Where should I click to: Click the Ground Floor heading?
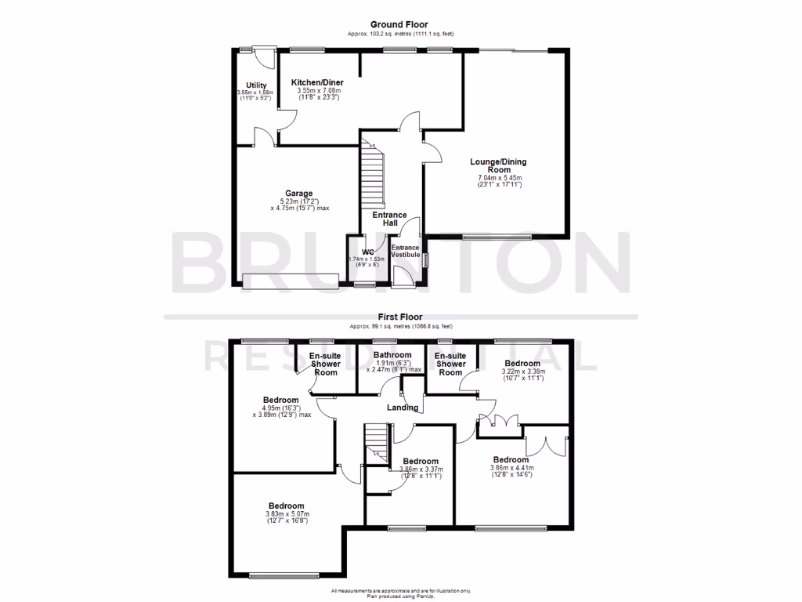pyautogui.click(x=400, y=25)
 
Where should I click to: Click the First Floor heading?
pyautogui.click(x=400, y=317)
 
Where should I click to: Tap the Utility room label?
pyautogui.click(x=256, y=85)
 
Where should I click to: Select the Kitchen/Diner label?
pyautogui.click(x=317, y=82)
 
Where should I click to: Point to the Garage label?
pyautogui.click(x=299, y=194)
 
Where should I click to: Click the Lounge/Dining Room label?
pyautogui.click(x=499, y=166)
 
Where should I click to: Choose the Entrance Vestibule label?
pyautogui.click(x=406, y=252)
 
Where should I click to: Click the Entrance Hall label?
pyautogui.click(x=389, y=219)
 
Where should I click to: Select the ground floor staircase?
pyautogui.click(x=373, y=176)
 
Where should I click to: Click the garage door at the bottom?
pyautogui.click(x=290, y=281)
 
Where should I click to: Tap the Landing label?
pyautogui.click(x=403, y=407)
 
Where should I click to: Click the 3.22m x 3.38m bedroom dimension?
pyautogui.click(x=522, y=375)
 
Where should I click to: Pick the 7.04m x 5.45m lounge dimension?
pyautogui.click(x=499, y=182)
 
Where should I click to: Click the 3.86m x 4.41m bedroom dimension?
pyautogui.click(x=511, y=471)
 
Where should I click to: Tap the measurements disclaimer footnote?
pyautogui.click(x=400, y=593)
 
